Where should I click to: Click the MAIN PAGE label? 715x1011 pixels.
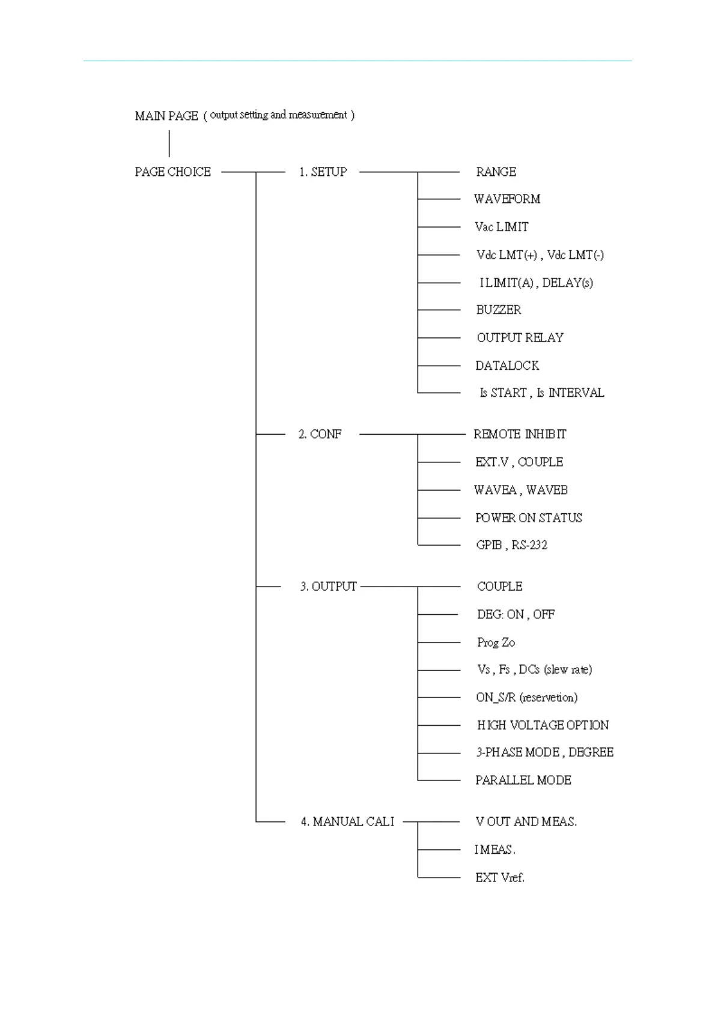(x=166, y=116)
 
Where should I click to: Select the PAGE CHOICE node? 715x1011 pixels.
(x=172, y=172)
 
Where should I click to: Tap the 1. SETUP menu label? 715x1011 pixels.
(x=323, y=172)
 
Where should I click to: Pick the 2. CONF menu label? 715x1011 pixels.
(x=320, y=435)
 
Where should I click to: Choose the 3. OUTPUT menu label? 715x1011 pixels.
(x=328, y=587)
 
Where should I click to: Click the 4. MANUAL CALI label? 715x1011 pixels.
(x=347, y=822)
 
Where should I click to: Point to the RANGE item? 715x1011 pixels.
(x=496, y=172)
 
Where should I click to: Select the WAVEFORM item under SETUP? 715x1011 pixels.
(x=507, y=199)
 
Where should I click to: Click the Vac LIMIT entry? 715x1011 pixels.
(x=502, y=227)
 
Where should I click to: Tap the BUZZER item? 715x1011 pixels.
(x=499, y=310)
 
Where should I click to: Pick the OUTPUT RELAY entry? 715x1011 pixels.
(x=520, y=338)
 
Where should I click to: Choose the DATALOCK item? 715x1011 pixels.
(x=507, y=366)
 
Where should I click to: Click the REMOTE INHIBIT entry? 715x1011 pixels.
(x=520, y=435)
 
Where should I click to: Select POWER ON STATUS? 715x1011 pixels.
(x=528, y=518)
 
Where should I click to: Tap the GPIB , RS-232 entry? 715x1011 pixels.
(x=511, y=545)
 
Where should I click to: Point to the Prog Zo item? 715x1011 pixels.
(x=496, y=642)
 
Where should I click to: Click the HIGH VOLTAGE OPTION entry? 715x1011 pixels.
(x=543, y=725)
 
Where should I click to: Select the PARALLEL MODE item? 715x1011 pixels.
(x=523, y=780)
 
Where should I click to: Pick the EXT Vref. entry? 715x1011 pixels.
(x=499, y=878)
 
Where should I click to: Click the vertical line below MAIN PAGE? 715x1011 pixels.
(x=169, y=143)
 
